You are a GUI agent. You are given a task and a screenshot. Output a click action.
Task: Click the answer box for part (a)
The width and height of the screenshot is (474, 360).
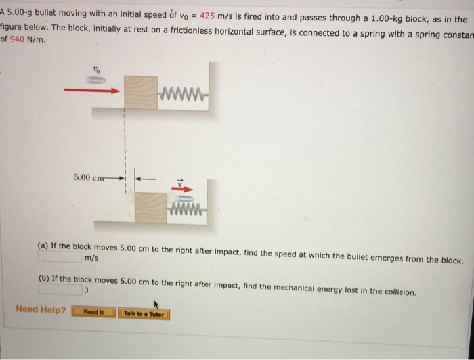click(60, 258)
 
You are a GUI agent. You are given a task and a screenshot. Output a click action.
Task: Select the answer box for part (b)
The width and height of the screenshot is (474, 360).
click(60, 290)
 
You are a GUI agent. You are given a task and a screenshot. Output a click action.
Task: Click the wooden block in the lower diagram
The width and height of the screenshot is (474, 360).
click(152, 207)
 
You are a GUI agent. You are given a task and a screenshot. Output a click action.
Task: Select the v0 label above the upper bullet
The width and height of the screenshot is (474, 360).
click(96, 68)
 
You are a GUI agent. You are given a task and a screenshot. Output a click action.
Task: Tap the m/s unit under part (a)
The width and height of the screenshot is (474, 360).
click(91, 258)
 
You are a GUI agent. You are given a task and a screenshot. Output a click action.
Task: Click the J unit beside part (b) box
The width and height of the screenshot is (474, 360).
click(87, 290)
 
